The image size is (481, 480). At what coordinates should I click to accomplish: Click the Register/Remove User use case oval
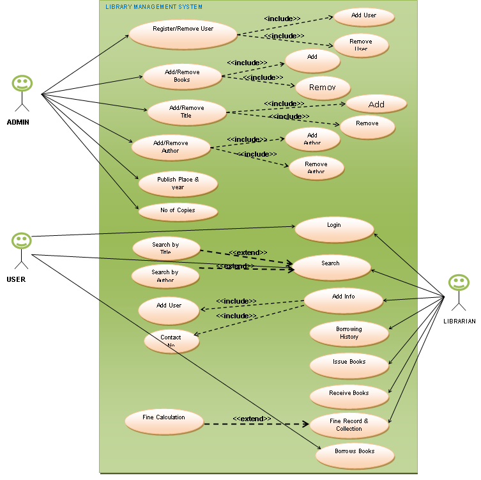[x=183, y=34]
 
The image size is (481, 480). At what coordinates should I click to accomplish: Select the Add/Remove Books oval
[x=182, y=76]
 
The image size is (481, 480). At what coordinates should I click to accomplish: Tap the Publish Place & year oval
[x=178, y=183]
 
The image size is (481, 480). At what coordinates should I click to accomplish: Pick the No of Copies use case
[x=178, y=210]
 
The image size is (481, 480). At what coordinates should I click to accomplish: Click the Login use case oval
[x=334, y=229]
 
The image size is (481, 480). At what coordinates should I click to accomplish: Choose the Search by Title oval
[x=166, y=249]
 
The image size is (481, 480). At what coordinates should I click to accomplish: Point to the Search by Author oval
[x=165, y=276]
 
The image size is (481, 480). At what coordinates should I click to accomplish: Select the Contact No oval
[x=171, y=341]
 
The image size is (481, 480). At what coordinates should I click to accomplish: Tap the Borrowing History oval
[x=349, y=334]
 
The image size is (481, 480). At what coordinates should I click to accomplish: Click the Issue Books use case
[x=349, y=365]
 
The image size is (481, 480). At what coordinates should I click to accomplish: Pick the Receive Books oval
[x=349, y=396]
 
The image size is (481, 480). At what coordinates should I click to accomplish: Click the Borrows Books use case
[x=355, y=454]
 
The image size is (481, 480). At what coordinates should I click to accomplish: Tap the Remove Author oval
[x=316, y=167]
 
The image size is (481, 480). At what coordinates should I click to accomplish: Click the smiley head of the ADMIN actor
[x=22, y=84]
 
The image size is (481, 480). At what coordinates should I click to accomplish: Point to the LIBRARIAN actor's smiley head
[x=458, y=283]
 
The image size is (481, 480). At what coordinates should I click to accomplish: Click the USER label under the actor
[x=17, y=279]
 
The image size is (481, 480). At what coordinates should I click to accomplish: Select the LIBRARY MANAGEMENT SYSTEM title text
[x=154, y=7]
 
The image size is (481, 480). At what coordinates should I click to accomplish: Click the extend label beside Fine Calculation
[x=252, y=419]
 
